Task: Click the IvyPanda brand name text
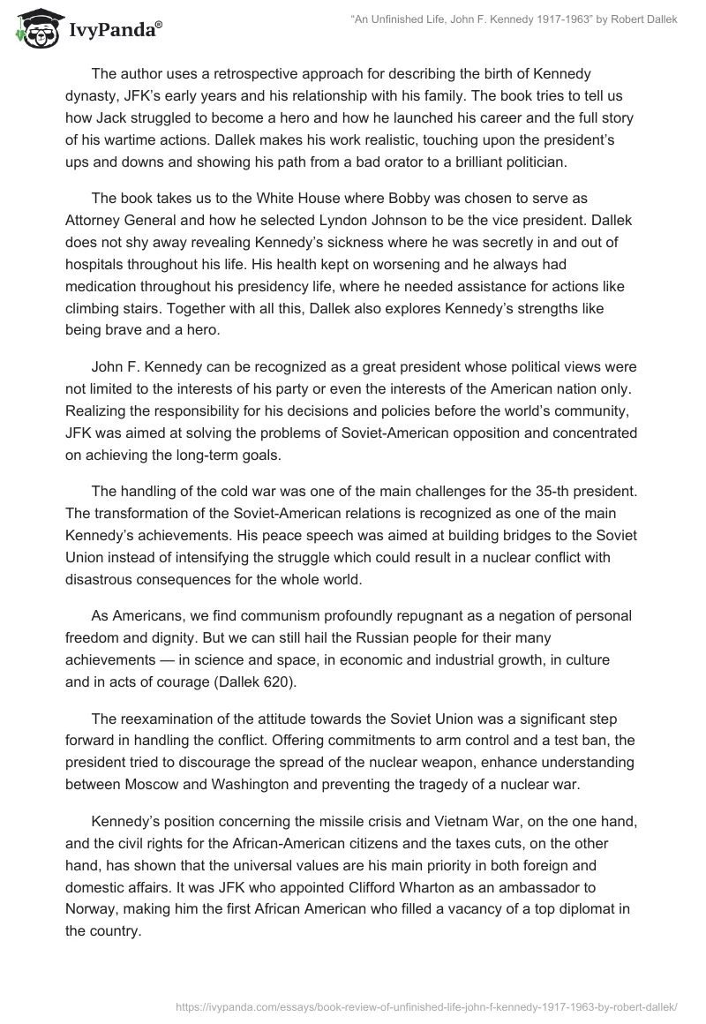point(114,29)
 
